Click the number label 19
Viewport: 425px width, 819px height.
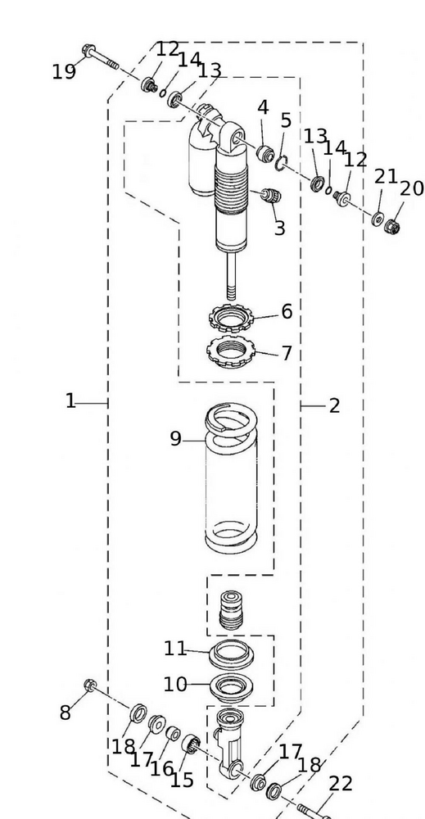pyautogui.click(x=64, y=72)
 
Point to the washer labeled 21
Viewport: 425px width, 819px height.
pyautogui.click(x=378, y=218)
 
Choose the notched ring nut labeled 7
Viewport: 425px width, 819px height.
pyautogui.click(x=232, y=351)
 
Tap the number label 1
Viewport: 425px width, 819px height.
pyautogui.click(x=71, y=401)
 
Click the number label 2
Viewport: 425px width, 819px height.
pyautogui.click(x=334, y=405)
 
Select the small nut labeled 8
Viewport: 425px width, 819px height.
pyautogui.click(x=90, y=684)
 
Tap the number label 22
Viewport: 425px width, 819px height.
pyautogui.click(x=340, y=784)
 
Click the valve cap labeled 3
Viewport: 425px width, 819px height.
pyautogui.click(x=269, y=197)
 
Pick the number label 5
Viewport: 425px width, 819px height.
pyautogui.click(x=286, y=121)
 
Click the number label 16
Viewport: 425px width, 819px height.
pyautogui.click(x=161, y=768)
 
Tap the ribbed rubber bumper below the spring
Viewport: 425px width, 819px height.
pyautogui.click(x=232, y=609)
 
